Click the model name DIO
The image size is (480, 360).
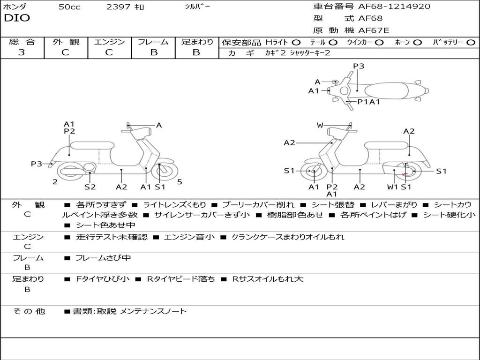click(x=17, y=18)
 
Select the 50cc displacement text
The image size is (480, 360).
click(x=69, y=7)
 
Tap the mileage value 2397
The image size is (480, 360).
click(x=119, y=7)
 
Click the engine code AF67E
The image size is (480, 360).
click(x=374, y=31)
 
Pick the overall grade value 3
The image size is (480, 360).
click(x=22, y=52)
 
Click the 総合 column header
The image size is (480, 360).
click(x=22, y=42)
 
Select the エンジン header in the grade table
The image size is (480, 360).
click(x=109, y=42)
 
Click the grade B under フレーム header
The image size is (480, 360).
click(x=154, y=52)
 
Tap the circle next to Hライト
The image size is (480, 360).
click(x=296, y=42)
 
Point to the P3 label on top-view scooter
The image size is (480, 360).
click(x=359, y=66)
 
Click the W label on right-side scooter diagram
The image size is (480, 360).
click(x=320, y=125)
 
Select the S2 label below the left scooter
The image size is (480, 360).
click(x=90, y=187)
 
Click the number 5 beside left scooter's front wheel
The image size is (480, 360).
click(x=180, y=182)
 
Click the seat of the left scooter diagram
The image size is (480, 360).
click(x=92, y=145)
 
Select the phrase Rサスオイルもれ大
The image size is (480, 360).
click(x=268, y=279)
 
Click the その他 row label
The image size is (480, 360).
click(x=29, y=311)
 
